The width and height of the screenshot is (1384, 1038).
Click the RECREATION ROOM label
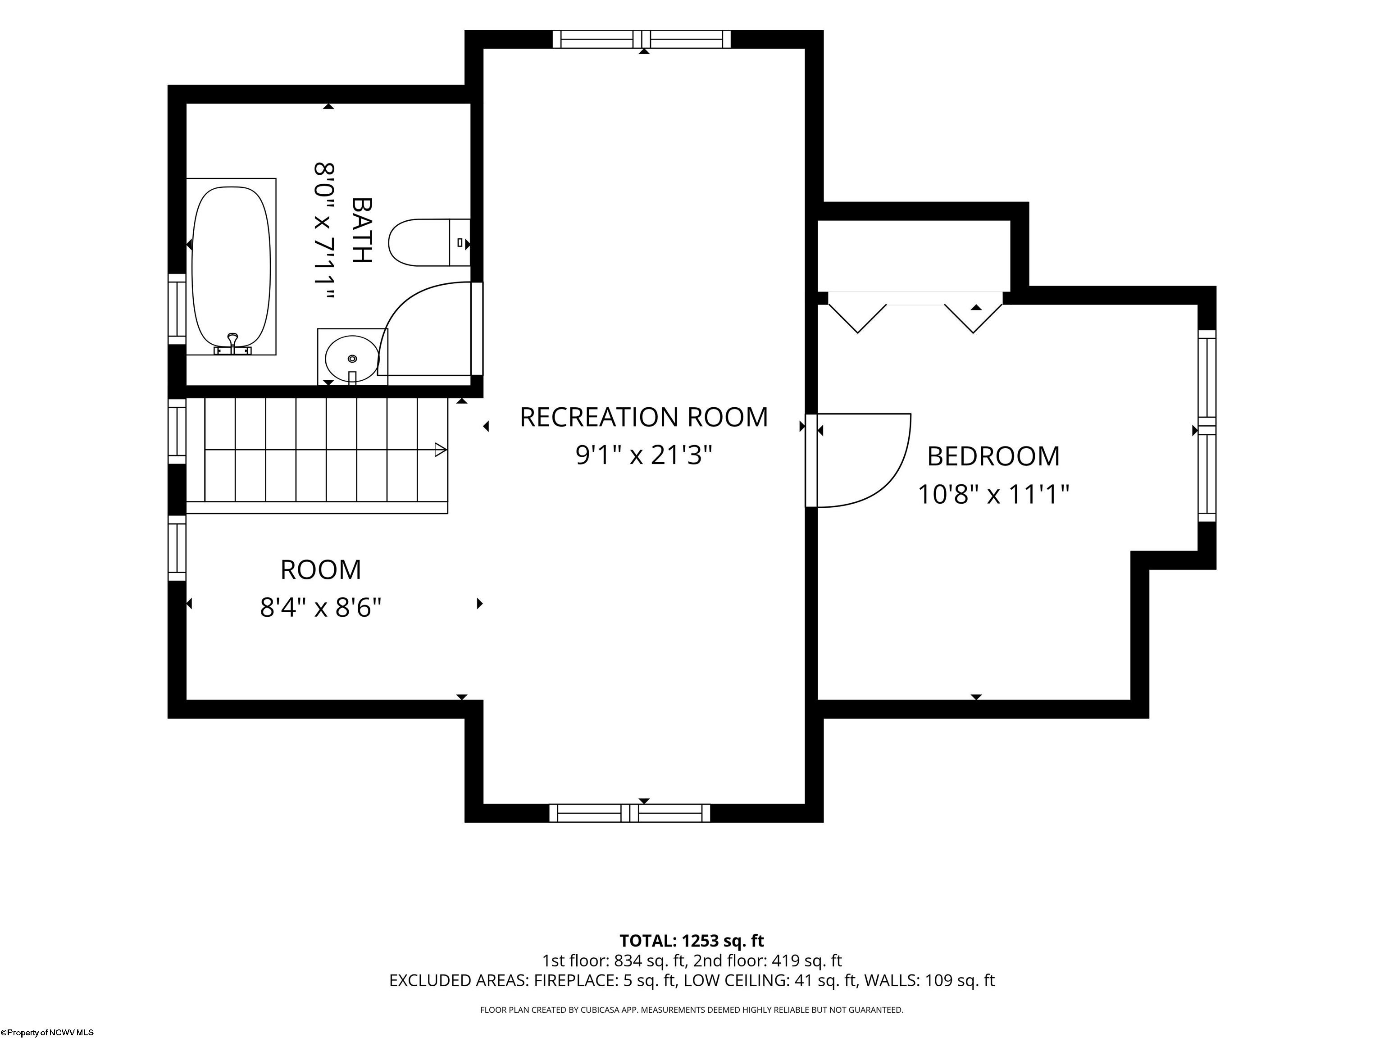[644, 417]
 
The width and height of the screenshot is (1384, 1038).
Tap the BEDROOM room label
[993, 456]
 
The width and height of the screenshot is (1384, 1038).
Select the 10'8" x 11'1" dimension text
[993, 494]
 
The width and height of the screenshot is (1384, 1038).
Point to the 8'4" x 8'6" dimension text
[320, 607]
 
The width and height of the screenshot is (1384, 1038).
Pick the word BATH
[362, 230]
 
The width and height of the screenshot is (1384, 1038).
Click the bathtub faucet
[233, 345]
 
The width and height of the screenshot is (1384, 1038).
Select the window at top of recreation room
[642, 39]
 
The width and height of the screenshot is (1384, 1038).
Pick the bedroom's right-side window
[1207, 425]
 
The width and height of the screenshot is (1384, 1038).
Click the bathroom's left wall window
[177, 309]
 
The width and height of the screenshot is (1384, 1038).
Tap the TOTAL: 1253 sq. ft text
[692, 940]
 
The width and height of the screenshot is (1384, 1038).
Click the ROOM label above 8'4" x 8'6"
[320, 570]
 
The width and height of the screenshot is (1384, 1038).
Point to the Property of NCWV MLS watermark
[47, 1033]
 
